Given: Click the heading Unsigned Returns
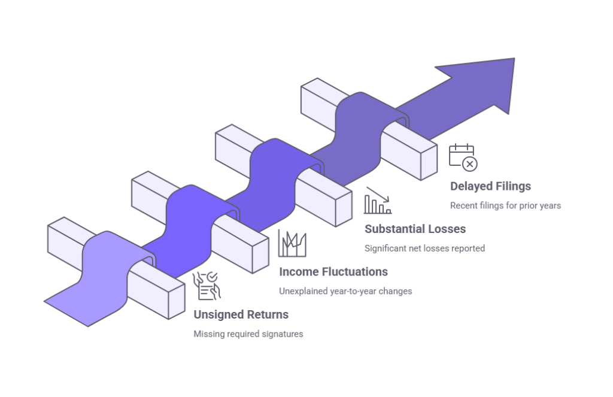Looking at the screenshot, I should pos(241,314).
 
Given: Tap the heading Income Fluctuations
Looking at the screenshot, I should pos(333,272).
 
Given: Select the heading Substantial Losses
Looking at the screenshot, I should pos(415,229).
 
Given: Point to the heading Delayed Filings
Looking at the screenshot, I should pos(490,186).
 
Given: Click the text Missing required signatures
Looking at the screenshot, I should pos(248,334).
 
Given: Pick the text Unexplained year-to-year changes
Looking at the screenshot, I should pos(345,291).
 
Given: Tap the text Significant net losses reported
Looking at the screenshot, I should pos(424,248).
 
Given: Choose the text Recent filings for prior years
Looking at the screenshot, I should pos(505,205).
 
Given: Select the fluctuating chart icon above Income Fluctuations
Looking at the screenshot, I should pos(293,243).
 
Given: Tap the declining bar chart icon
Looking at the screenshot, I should pos(378,201).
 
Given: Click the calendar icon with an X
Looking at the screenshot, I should pos(463,157).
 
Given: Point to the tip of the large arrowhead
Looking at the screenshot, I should pos(515,59).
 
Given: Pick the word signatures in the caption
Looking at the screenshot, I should pos(282,334).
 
